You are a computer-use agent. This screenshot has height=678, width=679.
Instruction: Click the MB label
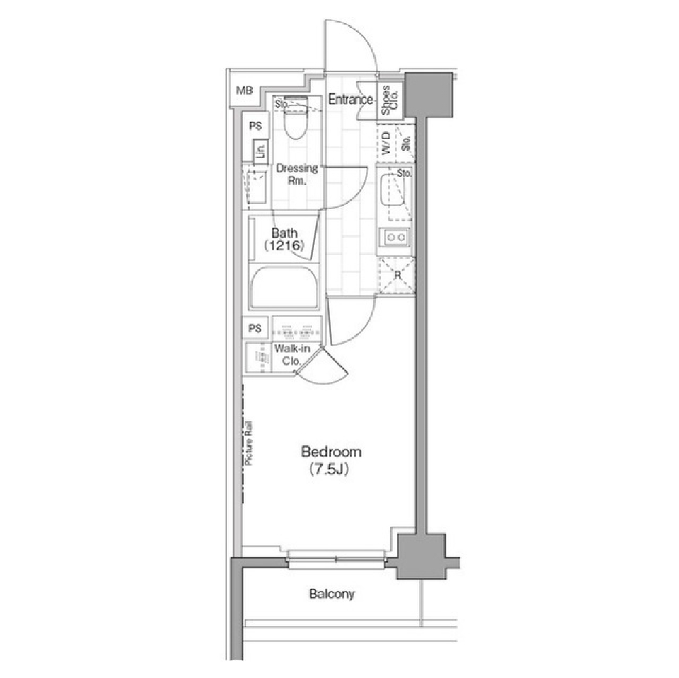(x=244, y=90)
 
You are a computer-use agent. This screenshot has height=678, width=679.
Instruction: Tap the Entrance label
(x=350, y=100)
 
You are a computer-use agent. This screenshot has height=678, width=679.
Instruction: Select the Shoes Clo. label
(x=390, y=100)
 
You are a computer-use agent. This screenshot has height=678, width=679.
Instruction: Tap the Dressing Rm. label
(x=296, y=174)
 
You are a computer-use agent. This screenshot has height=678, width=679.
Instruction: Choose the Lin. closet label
(x=260, y=151)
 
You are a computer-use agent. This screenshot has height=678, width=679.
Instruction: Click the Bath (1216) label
(x=284, y=240)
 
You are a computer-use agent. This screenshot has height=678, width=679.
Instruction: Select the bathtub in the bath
(x=285, y=287)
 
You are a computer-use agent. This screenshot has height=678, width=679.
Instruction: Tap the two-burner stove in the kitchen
(x=395, y=238)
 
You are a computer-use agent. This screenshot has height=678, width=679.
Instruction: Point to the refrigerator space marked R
(x=397, y=275)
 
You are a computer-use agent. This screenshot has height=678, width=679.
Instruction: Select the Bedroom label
(x=332, y=452)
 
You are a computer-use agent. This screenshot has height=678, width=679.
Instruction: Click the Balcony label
(x=332, y=594)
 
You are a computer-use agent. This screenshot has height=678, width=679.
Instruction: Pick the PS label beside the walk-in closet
(x=255, y=328)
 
